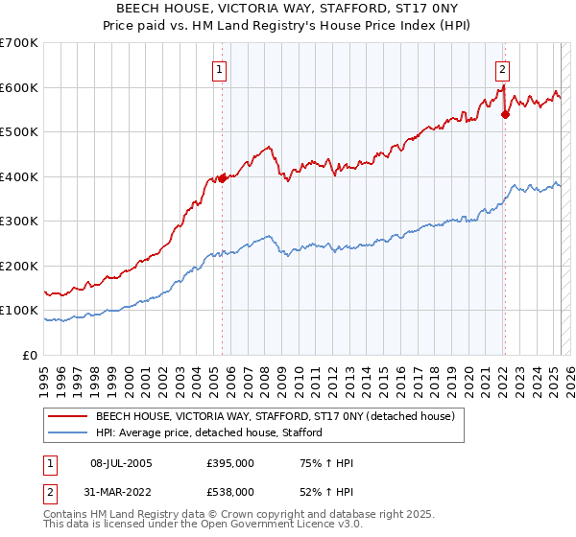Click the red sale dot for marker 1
pyautogui.click(x=222, y=178)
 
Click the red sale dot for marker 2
pyautogui.click(x=505, y=114)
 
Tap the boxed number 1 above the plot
pyautogui.click(x=220, y=69)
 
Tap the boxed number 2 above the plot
pyautogui.click(x=502, y=69)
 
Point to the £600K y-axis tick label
pyautogui.click(x=19, y=87)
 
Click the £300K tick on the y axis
pyautogui.click(x=19, y=222)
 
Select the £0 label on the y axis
pyautogui.click(x=30, y=355)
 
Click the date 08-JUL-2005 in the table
pyautogui.click(x=121, y=463)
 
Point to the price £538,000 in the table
pyautogui.click(x=230, y=491)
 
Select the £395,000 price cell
pyautogui.click(x=230, y=463)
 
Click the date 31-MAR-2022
pyautogui.click(x=121, y=491)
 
